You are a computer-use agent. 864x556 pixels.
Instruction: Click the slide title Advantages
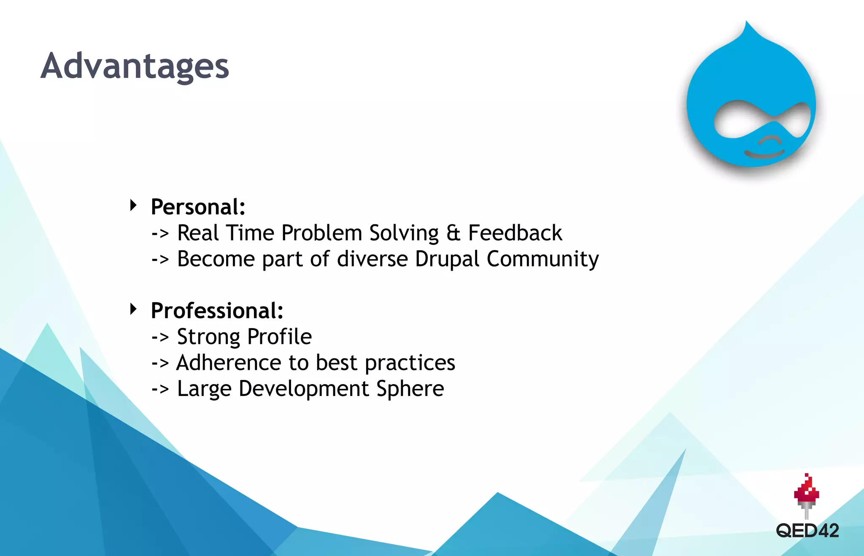pyautogui.click(x=135, y=66)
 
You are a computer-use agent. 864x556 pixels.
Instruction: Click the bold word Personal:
pyautogui.click(x=198, y=207)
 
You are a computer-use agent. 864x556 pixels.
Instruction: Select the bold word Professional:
pyautogui.click(x=217, y=311)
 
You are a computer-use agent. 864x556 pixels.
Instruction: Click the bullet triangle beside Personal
pyautogui.click(x=133, y=206)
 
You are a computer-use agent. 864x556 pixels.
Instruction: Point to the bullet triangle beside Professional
pyautogui.click(x=133, y=309)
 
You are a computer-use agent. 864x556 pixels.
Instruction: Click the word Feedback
pyautogui.click(x=515, y=233)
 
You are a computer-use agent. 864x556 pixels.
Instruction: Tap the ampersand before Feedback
pyautogui.click(x=453, y=233)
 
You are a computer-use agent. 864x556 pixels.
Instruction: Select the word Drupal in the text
pyautogui.click(x=447, y=259)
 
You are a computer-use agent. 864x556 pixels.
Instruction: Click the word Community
pyautogui.click(x=543, y=259)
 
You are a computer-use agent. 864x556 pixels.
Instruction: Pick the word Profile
pyautogui.click(x=279, y=337)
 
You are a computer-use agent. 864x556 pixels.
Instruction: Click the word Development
pyautogui.click(x=303, y=389)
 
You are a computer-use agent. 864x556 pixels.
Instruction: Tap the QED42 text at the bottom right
pyautogui.click(x=807, y=531)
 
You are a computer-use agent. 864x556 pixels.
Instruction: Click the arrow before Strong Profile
pyautogui.click(x=160, y=337)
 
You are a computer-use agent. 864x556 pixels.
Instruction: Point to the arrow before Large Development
pyautogui.click(x=160, y=389)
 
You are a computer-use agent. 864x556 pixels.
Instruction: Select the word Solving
pyautogui.click(x=404, y=233)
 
